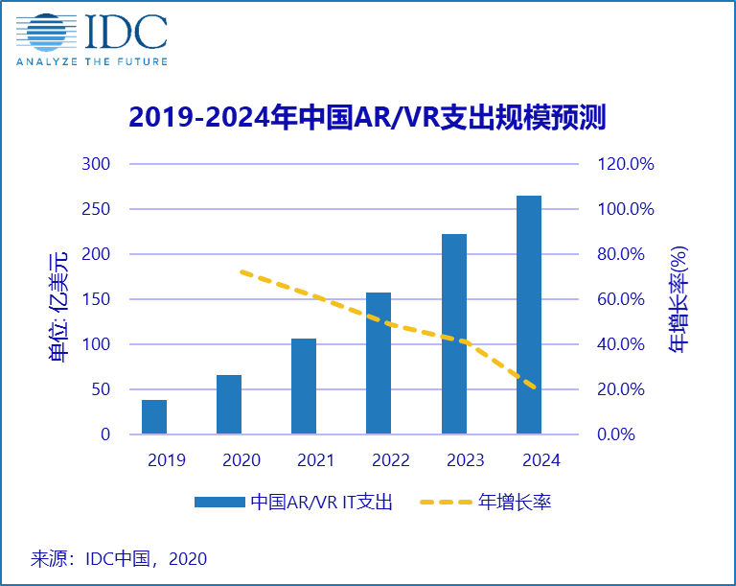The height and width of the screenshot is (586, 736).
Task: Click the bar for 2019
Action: tap(154, 417)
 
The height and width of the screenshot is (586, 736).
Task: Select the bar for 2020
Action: tap(229, 404)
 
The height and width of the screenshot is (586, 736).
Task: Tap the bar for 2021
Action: tap(304, 387)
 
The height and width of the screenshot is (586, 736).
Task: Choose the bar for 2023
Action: tap(453, 334)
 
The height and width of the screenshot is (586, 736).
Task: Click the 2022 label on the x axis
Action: tap(390, 460)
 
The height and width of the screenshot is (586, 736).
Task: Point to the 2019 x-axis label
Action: tap(166, 460)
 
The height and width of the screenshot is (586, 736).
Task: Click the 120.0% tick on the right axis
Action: tap(625, 164)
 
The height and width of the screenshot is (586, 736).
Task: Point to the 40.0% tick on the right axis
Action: tap(625, 344)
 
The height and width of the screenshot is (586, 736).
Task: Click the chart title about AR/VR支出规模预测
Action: tap(368, 117)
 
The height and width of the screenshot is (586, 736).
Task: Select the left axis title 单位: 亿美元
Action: tap(59, 305)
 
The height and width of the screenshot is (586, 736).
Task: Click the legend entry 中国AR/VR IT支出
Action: tap(293, 502)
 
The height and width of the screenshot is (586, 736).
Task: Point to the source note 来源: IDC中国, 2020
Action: tap(119, 557)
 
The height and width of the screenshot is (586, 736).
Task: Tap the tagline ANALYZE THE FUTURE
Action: tap(91, 61)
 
